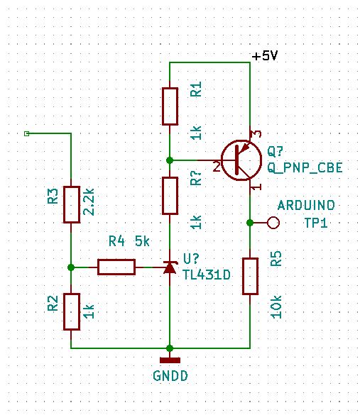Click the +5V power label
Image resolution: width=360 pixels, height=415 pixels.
(x=264, y=56)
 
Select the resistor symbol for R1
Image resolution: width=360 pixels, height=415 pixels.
(x=170, y=106)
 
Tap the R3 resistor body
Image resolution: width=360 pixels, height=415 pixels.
(x=72, y=204)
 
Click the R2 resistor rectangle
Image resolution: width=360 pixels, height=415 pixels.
(x=72, y=311)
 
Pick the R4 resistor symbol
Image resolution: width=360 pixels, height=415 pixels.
(x=116, y=267)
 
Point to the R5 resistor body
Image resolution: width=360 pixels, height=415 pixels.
(x=250, y=276)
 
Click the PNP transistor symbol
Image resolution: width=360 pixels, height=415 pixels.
(x=241, y=160)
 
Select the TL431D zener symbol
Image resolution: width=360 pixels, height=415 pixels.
(x=170, y=267)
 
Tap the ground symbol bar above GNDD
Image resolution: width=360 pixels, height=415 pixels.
(x=170, y=360)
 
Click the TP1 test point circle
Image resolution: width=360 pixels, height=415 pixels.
(x=273, y=223)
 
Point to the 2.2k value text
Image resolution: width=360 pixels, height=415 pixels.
(x=89, y=202)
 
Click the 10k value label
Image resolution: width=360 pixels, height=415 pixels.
(x=276, y=306)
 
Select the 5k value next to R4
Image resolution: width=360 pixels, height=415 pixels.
(x=142, y=241)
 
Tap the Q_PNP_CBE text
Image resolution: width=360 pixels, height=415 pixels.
(x=305, y=167)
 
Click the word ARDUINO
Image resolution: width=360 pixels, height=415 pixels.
(x=306, y=206)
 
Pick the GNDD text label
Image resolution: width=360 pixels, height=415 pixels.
(x=170, y=376)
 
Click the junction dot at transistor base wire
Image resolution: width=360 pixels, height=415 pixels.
(x=170, y=160)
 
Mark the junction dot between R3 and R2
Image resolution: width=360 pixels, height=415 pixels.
(x=71, y=267)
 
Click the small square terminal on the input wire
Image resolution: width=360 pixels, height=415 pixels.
(x=26, y=133)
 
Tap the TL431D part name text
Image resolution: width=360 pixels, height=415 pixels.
(x=207, y=275)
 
